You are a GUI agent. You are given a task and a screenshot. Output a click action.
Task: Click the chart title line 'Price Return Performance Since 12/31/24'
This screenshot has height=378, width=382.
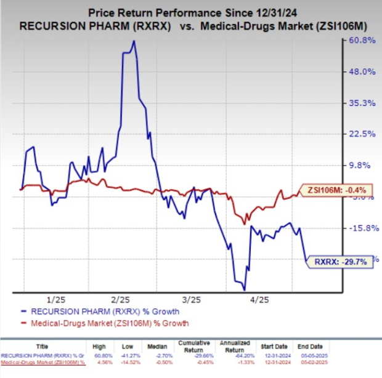point(191,11)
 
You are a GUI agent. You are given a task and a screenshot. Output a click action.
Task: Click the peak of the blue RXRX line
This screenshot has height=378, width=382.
point(134,41)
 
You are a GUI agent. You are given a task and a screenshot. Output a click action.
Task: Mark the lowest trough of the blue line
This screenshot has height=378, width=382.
point(245,289)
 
